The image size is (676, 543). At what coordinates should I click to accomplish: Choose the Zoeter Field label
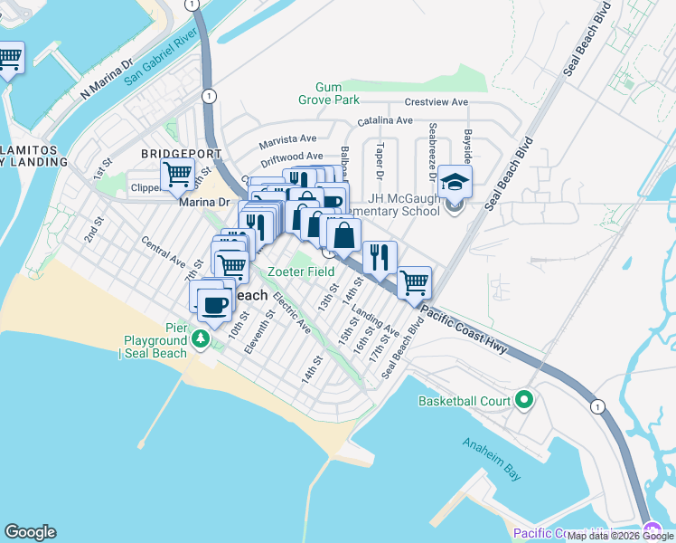pyautogui.click(x=301, y=271)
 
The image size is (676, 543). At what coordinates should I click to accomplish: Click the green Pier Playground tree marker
pyautogui.click(x=200, y=338)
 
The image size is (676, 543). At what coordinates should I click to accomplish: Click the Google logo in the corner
pyautogui.click(x=30, y=532)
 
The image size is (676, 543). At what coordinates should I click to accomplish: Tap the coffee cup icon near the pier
pyautogui.click(x=214, y=306)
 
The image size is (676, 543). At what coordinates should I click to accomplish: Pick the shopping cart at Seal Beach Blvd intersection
pyautogui.click(x=414, y=281)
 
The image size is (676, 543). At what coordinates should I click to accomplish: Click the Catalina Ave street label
pyautogui.click(x=385, y=120)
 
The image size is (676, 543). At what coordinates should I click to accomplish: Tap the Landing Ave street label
pyautogui.click(x=375, y=319)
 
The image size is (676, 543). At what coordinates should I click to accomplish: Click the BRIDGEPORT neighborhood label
pyautogui.click(x=168, y=154)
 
